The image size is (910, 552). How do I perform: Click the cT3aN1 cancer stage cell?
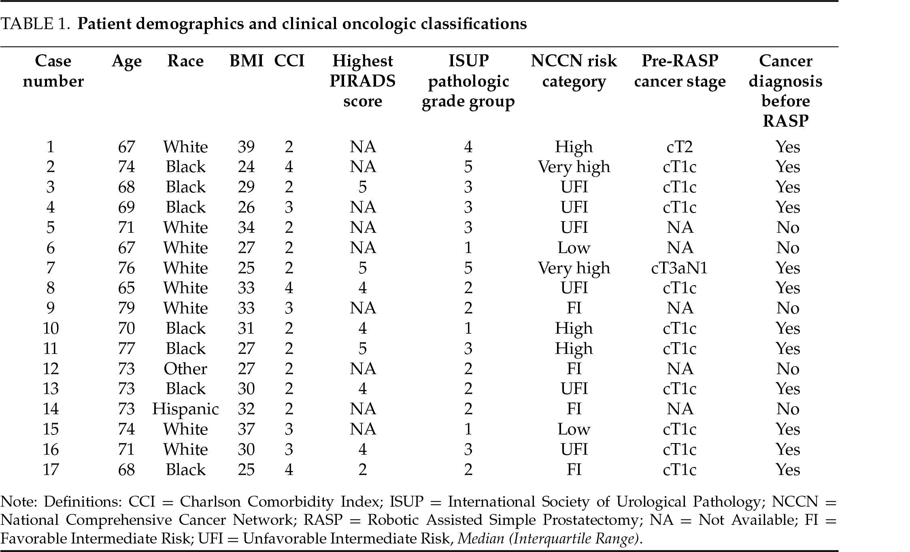click(679, 268)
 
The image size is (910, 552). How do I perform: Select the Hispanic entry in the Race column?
click(185, 409)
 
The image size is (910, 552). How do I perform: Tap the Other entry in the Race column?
click(185, 369)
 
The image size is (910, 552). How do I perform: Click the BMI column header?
click(246, 61)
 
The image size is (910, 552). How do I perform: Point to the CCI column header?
click(289, 61)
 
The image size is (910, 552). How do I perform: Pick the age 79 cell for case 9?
click(126, 308)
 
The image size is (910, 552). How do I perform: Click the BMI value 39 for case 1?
click(246, 147)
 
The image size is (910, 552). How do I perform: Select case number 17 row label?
click(51, 469)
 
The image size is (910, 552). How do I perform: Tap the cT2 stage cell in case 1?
click(679, 147)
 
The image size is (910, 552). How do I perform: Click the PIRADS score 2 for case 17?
click(362, 469)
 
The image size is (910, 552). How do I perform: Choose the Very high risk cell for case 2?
click(574, 166)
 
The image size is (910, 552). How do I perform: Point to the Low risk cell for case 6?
click(574, 247)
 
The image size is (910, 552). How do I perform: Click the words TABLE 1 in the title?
click(33, 24)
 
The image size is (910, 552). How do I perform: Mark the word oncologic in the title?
click(379, 24)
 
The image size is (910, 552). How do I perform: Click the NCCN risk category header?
click(574, 71)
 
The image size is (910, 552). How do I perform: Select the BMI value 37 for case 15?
click(246, 429)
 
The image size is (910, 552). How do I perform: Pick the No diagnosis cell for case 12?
click(787, 369)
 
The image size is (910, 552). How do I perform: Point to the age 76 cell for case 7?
click(126, 268)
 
